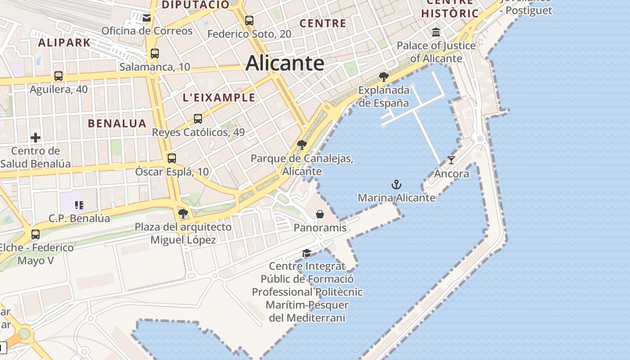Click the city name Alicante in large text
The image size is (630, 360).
pyautogui.click(x=285, y=63)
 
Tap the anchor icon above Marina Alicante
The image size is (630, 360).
pyautogui.click(x=396, y=184)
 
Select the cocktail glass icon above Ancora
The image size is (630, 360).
pyautogui.click(x=451, y=160)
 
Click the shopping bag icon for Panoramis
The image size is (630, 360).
pyautogui.click(x=320, y=214)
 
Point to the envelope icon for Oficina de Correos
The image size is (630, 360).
pyautogui.click(x=147, y=18)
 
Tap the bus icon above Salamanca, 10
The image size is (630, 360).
pyautogui.click(x=155, y=54)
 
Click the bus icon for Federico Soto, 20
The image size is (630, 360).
pyautogui.click(x=249, y=20)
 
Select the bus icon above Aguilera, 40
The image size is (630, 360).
pyautogui.click(x=58, y=76)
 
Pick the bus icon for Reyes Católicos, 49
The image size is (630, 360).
pyautogui.click(x=198, y=119)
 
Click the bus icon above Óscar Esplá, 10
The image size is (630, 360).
pyautogui.click(x=171, y=158)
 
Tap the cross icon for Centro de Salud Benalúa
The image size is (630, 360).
pyautogui.click(x=36, y=137)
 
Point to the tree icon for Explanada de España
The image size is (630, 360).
pyautogui.click(x=384, y=77)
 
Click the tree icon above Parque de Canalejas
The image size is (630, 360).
pyautogui.click(x=302, y=145)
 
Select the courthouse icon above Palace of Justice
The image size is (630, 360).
pyautogui.click(x=436, y=32)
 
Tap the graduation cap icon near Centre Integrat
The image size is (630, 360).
pyautogui.click(x=306, y=253)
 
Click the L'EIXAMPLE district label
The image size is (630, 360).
pyautogui.click(x=219, y=98)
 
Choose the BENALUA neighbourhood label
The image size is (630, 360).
pyautogui.click(x=117, y=123)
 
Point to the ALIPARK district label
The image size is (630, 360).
pyautogui.click(x=64, y=43)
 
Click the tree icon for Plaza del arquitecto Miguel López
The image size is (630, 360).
pyautogui.click(x=183, y=213)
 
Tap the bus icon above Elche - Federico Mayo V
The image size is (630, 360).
pyautogui.click(x=36, y=234)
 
